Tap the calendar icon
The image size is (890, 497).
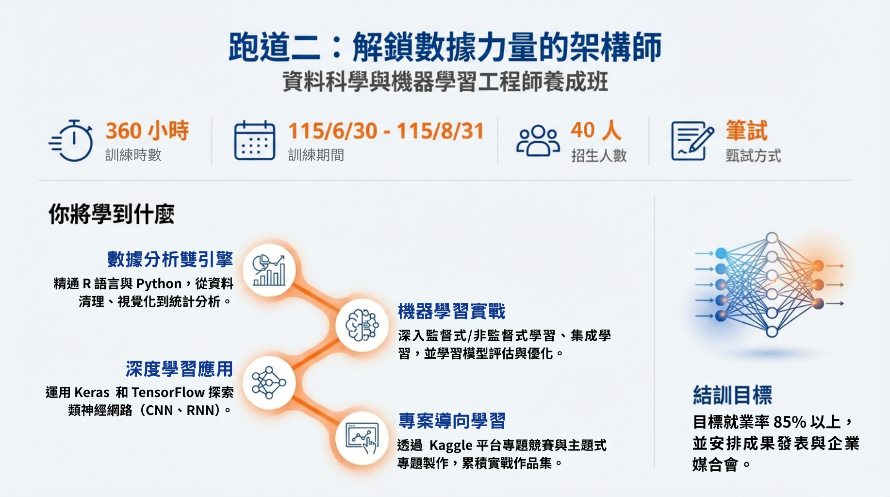tap(255, 141)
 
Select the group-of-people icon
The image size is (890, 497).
tap(538, 141)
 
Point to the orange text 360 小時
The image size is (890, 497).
tap(148, 131)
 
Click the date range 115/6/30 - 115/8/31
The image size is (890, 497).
tap(386, 131)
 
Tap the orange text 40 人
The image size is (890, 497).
tap(596, 130)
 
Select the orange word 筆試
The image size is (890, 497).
tap(746, 131)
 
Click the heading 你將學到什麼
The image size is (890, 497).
tap(112, 214)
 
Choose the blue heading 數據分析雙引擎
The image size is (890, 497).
tap(170, 259)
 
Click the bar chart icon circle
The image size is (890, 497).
tap(269, 270)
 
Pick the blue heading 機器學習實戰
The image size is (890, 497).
tap(452, 311)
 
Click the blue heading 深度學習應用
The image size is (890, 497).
tap(180, 369)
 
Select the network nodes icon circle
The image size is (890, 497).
tap(269, 382)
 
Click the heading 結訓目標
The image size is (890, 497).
tap(732, 395)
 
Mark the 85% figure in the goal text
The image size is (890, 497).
tap(790, 422)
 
